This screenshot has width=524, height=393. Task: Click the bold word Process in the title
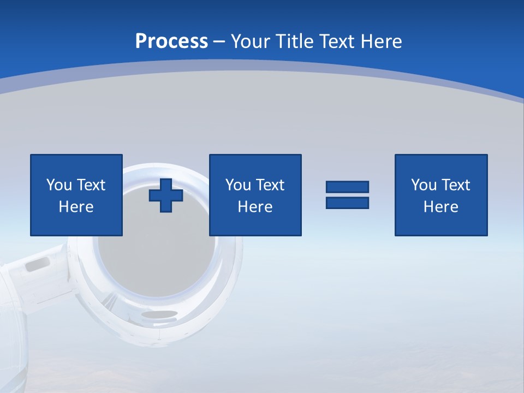coord(171,41)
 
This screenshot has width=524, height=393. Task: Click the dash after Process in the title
coord(219,42)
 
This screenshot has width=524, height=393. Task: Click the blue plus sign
coord(166,195)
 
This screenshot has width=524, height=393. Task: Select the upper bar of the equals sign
coord(347,187)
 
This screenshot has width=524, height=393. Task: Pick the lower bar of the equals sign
coord(347,203)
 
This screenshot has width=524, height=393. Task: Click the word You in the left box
coord(59,185)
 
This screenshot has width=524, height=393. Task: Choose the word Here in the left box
coord(76,207)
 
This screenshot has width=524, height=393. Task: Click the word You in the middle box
coord(238,185)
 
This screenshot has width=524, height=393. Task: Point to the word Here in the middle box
coord(255,207)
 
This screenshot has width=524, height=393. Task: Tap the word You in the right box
coord(424,185)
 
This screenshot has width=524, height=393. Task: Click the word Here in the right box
coord(441,207)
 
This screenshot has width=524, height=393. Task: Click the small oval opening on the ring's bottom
coord(159,314)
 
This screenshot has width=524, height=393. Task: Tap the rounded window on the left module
coord(37,265)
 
